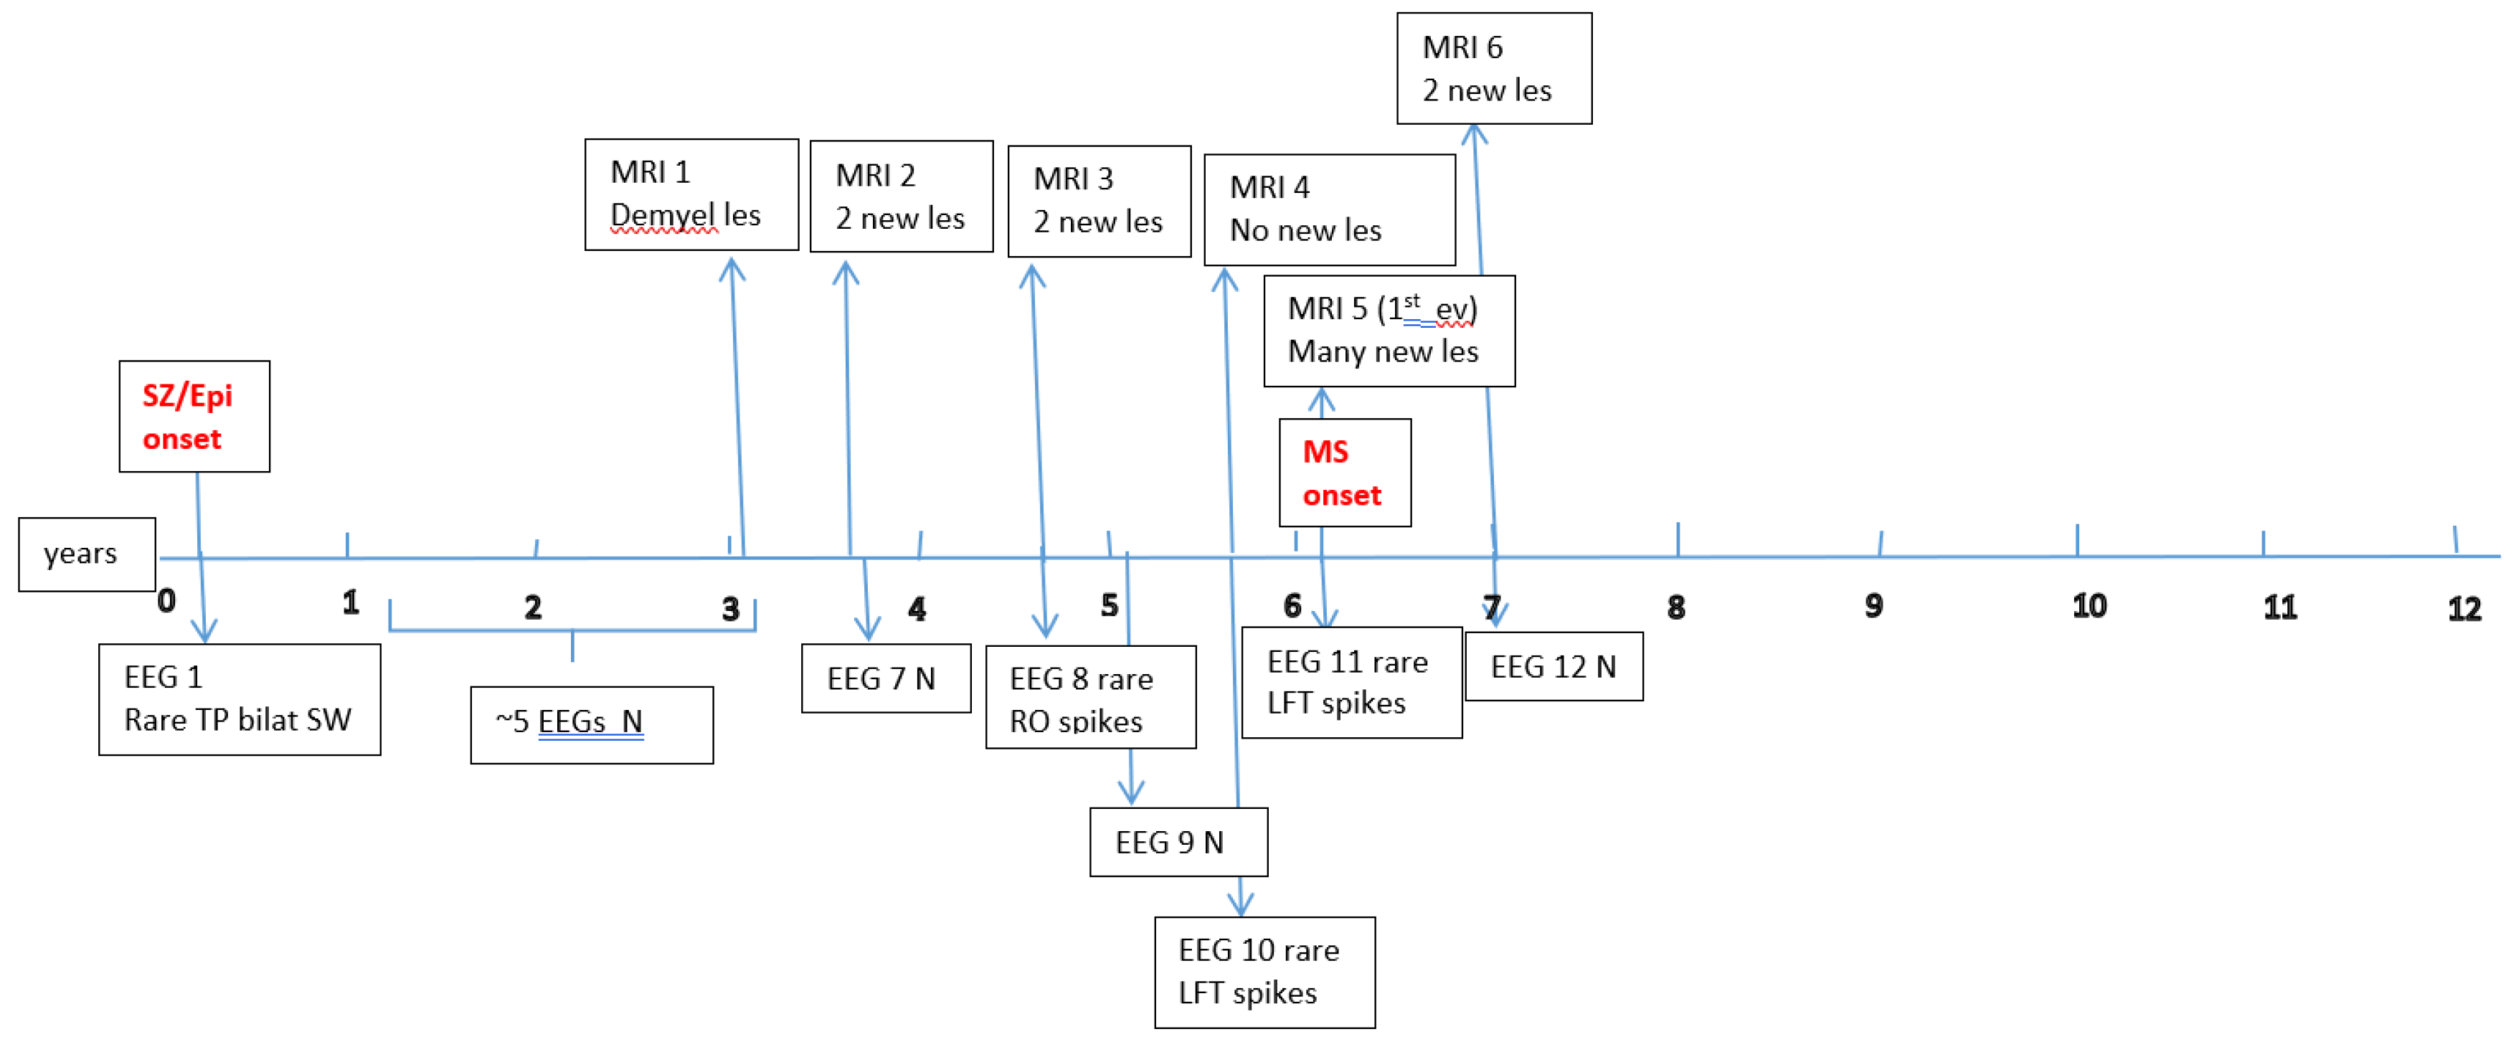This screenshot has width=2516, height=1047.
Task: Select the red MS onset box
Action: (1344, 473)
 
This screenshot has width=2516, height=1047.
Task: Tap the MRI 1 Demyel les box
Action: (691, 194)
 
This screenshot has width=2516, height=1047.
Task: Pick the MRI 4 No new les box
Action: (1328, 209)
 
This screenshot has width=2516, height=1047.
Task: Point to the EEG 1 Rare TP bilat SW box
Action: (240, 698)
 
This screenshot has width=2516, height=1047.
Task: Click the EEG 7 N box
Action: (885, 678)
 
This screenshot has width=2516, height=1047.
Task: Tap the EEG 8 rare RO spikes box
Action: (1090, 696)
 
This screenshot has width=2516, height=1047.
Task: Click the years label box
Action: (86, 554)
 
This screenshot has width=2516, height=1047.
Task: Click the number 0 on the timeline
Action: (167, 601)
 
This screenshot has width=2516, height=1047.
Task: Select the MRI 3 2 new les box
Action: (1099, 202)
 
